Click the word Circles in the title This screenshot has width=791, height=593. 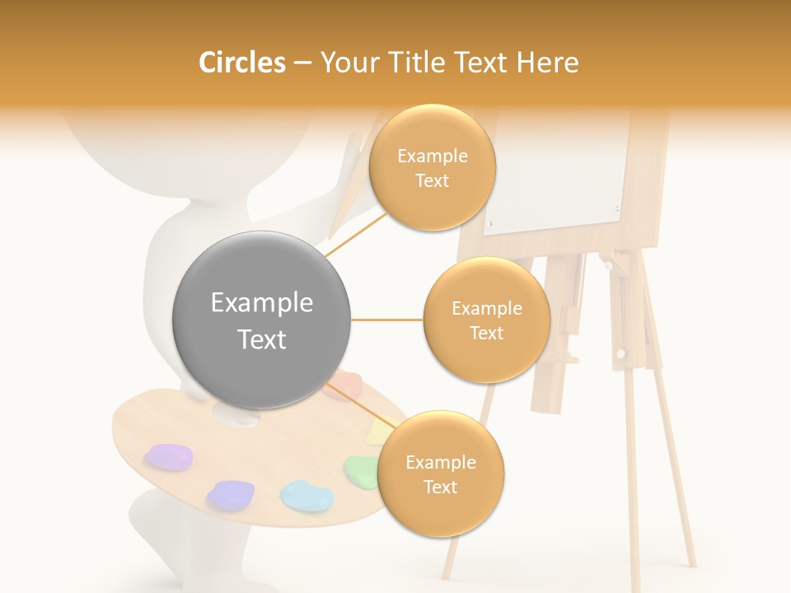pyautogui.click(x=242, y=63)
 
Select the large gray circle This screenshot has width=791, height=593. pyautogui.click(x=261, y=320)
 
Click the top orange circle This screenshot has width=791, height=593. pyautogui.click(x=432, y=168)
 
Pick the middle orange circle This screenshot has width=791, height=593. pyautogui.click(x=486, y=320)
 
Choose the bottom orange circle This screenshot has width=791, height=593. pyautogui.click(x=440, y=474)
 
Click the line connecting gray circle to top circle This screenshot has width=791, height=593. pyautogui.click(x=356, y=236)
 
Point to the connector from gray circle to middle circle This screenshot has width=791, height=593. pyautogui.click(x=386, y=320)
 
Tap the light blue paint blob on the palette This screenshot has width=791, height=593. pyautogui.click(x=307, y=495)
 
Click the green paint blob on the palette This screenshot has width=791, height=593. pyautogui.click(x=360, y=469)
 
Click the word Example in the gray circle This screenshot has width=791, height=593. pyautogui.click(x=261, y=303)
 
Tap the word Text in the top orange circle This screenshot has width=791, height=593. pyautogui.click(x=432, y=181)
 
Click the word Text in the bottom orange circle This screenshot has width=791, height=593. pyautogui.click(x=440, y=487)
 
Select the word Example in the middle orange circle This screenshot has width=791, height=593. pyautogui.click(x=486, y=308)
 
